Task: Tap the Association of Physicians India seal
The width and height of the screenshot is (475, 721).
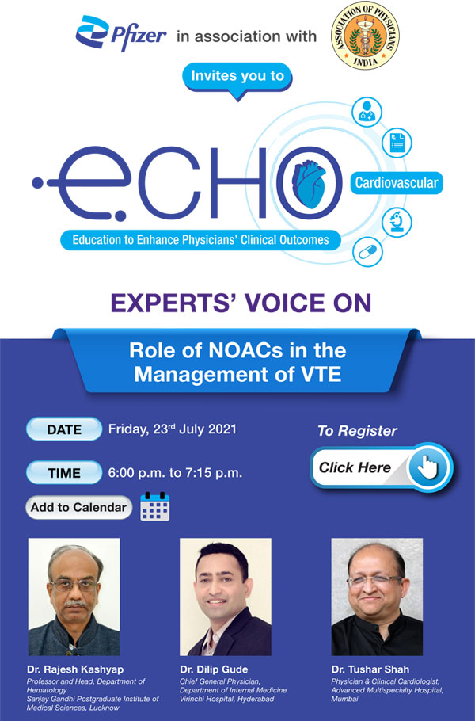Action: pyautogui.click(x=364, y=36)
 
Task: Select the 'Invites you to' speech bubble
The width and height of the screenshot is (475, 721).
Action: pyautogui.click(x=237, y=78)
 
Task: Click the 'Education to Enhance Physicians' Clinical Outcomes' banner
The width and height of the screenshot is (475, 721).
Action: pyautogui.click(x=196, y=238)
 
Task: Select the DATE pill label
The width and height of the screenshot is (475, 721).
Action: pyautogui.click(x=64, y=429)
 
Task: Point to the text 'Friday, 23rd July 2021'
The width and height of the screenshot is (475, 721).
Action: pyautogui.click(x=173, y=429)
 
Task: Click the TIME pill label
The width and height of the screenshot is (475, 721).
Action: pyautogui.click(x=64, y=473)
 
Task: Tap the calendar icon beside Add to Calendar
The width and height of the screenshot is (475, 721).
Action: pyautogui.click(x=154, y=506)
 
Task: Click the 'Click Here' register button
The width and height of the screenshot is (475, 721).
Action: pyautogui.click(x=380, y=467)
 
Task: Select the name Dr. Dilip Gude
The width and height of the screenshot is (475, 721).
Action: pyautogui.click(x=214, y=669)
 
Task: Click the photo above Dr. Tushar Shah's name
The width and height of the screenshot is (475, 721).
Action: pyautogui.click(x=376, y=597)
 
